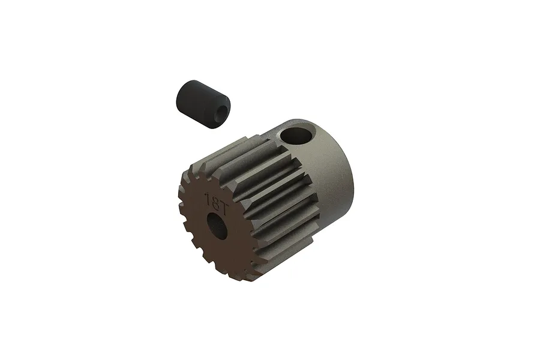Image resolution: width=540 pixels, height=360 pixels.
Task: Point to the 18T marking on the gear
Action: tap(214, 201)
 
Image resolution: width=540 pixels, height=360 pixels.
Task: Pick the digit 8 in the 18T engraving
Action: tap(214, 201)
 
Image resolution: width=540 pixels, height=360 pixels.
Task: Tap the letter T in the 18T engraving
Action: tap(222, 203)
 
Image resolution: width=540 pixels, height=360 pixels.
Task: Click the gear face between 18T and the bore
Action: tap(216, 212)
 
